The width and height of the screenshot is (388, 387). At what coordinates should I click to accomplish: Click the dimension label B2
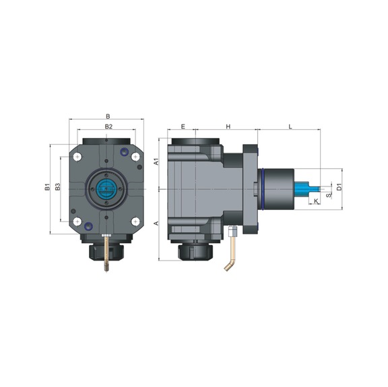[107, 127]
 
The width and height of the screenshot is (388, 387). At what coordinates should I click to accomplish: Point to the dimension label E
[183, 127]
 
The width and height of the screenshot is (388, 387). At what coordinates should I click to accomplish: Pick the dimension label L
[290, 127]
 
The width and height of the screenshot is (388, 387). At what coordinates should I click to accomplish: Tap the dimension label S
[327, 195]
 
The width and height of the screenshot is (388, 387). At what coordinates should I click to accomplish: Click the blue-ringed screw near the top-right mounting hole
[122, 151]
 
